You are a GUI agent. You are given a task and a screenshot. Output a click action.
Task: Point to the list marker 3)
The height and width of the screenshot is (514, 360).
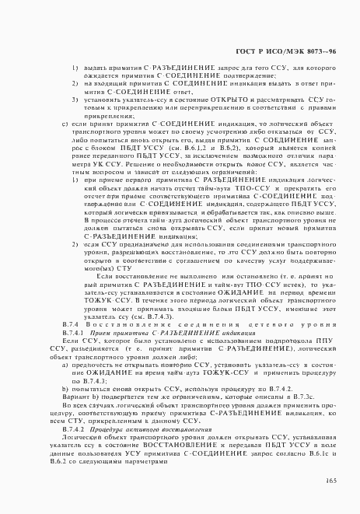75,99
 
